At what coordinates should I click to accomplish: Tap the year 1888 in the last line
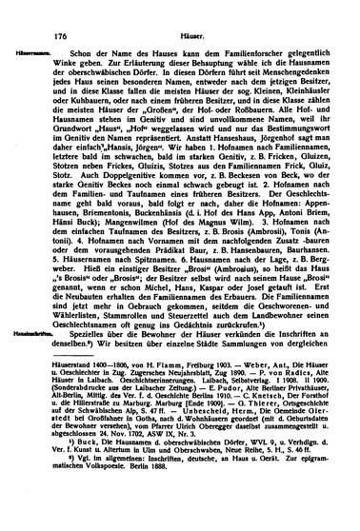tap(157, 523)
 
